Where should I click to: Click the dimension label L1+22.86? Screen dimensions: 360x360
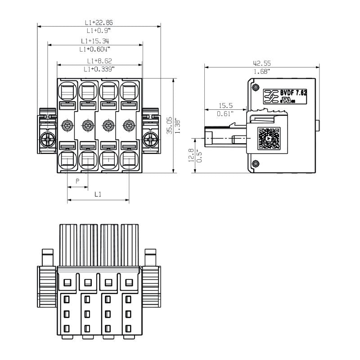tap(99, 22)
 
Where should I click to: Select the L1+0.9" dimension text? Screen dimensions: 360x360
tap(99, 31)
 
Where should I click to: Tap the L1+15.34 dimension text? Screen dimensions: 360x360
tap(95, 41)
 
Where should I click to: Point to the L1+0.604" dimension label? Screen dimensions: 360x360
tap(95, 49)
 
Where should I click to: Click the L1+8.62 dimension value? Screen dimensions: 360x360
tap(99, 61)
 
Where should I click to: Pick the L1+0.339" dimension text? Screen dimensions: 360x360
tap(99, 69)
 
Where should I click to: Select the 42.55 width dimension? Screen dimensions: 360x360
tap(261, 63)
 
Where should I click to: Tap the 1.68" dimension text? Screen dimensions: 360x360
tap(261, 72)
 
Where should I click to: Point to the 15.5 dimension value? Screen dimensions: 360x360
tap(226, 105)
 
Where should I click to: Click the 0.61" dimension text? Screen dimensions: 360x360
tap(226, 113)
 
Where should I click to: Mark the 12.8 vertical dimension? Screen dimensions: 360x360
tap(191, 155)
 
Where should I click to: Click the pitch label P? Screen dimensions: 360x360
tap(77, 181)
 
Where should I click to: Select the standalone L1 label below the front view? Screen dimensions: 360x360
tap(98, 194)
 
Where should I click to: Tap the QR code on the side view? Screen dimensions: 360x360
tap(269, 139)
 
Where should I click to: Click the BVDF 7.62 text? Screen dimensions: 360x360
tap(293, 93)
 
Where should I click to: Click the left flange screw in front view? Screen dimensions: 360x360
tap(47, 139)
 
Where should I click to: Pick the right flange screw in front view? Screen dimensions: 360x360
tap(149, 139)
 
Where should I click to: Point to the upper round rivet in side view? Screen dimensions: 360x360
tap(256, 87)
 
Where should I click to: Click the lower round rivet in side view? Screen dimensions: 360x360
tap(256, 164)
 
